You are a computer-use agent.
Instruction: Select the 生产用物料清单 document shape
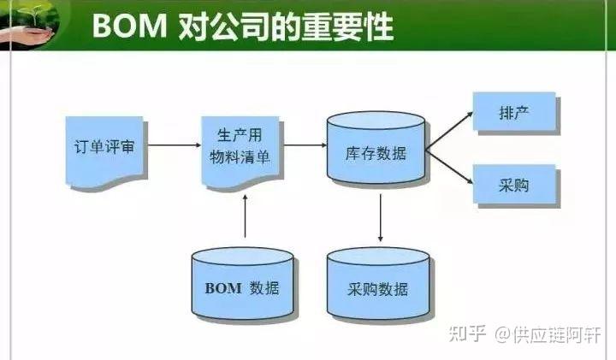pyautogui.click(x=243, y=147)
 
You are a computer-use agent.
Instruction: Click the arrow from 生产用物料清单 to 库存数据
pyautogui.click(x=305, y=146)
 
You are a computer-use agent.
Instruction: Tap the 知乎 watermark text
pyautogui.click(x=469, y=332)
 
